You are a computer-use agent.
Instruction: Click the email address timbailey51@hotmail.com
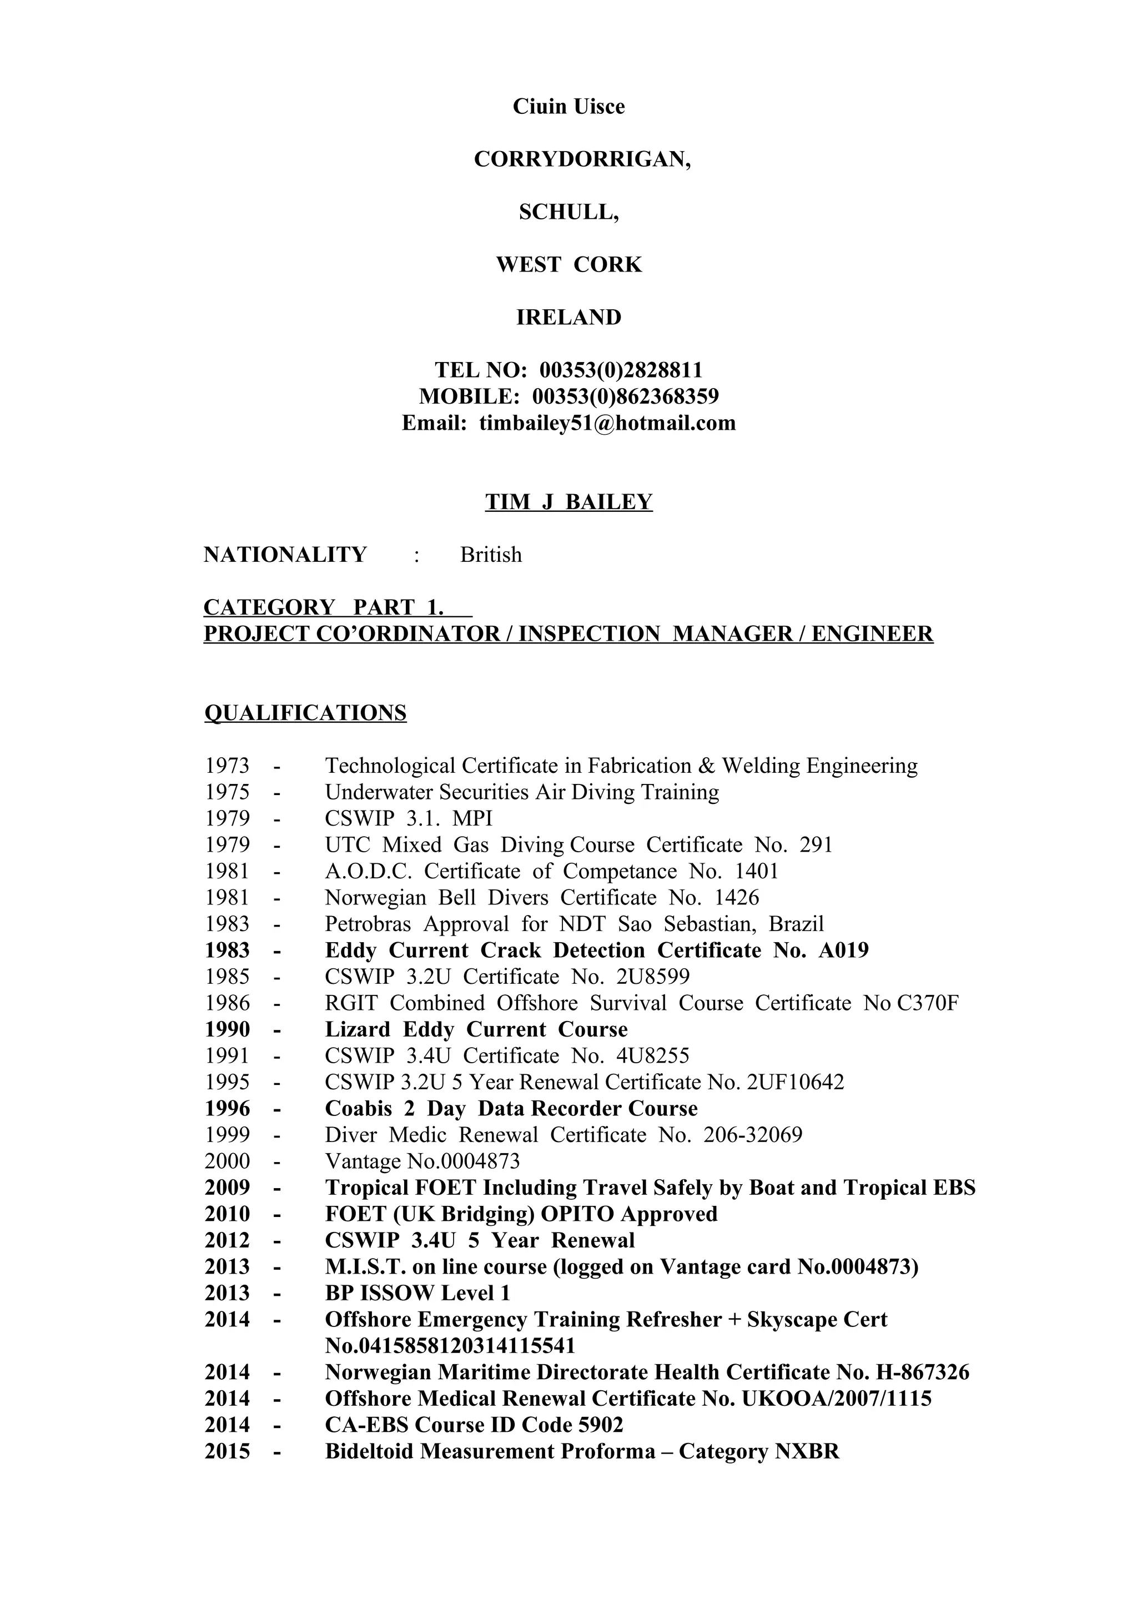607,423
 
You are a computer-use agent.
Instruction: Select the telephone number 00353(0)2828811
621,370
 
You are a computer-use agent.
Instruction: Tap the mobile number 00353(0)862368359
626,396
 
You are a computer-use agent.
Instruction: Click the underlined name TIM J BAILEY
569,502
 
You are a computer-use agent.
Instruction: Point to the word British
490,555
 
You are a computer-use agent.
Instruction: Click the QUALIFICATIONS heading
305,713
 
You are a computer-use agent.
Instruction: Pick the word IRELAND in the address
569,318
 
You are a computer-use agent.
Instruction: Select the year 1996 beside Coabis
227,1109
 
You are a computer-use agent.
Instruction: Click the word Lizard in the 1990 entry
358,1029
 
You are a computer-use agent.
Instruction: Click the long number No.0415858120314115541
450,1346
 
